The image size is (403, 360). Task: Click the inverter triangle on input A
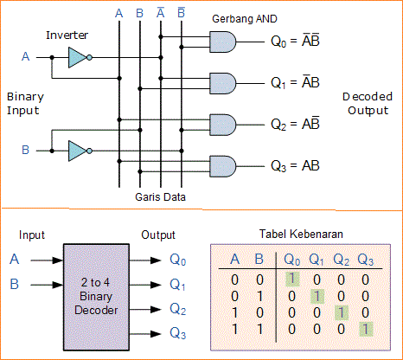pyautogui.click(x=77, y=58)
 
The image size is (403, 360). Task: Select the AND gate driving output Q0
pyautogui.click(x=222, y=40)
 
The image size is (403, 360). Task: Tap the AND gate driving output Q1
pyautogui.click(x=222, y=81)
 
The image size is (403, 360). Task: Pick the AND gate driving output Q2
pyautogui.click(x=222, y=123)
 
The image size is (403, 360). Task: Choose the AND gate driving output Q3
pyautogui.click(x=222, y=164)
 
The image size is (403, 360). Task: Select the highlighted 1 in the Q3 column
pyautogui.click(x=367, y=329)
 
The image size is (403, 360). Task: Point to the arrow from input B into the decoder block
pyautogui.click(x=43, y=284)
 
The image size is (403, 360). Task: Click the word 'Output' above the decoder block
pyautogui.click(x=158, y=235)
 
